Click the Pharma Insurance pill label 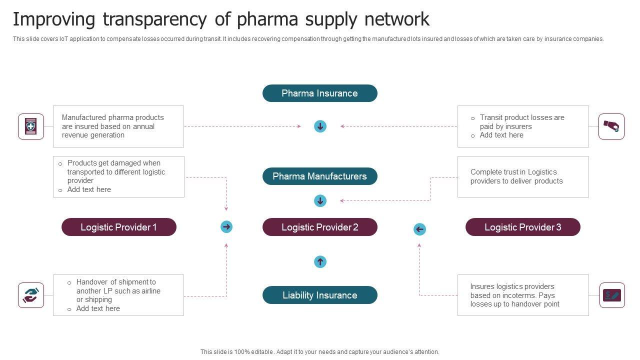tap(319, 93)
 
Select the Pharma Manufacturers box tap(319, 176)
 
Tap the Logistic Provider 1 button tap(118, 227)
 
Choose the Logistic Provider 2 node tap(319, 227)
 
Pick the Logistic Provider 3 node tap(522, 227)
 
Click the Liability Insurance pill tap(319, 295)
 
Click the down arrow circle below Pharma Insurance tap(320, 126)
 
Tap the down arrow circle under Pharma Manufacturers tap(320, 201)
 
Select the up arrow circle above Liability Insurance tap(320, 261)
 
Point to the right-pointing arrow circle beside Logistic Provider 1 tap(226, 227)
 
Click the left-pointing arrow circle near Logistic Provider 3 tap(419, 229)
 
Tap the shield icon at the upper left tap(31, 126)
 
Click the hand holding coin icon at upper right tap(611, 126)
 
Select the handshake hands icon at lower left tap(31, 295)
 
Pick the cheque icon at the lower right tap(611, 295)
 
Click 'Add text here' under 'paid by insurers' tap(501, 135)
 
